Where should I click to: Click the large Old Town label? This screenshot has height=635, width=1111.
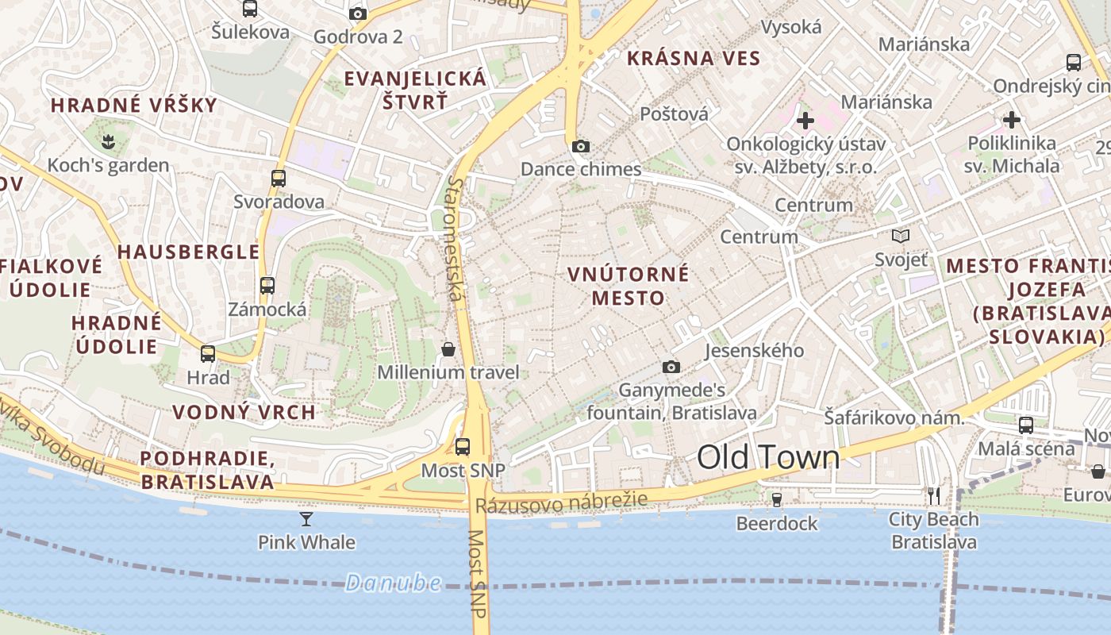point(767,458)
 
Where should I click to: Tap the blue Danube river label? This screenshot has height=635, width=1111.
point(393,583)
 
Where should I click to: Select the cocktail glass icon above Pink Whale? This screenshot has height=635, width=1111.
point(306,519)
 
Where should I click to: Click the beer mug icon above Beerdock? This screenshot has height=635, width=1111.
point(777,499)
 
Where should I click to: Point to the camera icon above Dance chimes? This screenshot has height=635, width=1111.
point(581,146)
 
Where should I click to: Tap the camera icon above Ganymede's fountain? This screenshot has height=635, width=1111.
point(671,367)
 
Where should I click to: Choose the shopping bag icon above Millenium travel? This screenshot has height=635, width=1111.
point(448,349)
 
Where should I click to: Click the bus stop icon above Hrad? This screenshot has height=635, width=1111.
point(208,354)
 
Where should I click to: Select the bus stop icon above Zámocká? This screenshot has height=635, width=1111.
point(267,286)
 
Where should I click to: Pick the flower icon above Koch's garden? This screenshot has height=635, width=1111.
point(108,142)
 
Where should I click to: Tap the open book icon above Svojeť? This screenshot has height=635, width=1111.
point(901,236)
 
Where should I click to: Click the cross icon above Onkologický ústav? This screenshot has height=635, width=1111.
point(805,121)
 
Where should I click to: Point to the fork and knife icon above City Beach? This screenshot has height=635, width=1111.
point(934,496)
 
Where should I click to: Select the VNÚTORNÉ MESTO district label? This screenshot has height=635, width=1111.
point(628,286)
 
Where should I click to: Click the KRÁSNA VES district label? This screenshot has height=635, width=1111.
point(694,58)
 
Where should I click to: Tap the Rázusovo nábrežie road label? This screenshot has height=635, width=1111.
point(561,502)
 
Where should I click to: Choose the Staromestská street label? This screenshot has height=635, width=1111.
point(454,238)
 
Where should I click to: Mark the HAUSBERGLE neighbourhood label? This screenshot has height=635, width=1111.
point(189,252)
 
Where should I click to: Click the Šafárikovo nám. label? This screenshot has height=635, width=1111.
point(894,417)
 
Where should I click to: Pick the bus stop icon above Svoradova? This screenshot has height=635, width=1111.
point(279,179)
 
